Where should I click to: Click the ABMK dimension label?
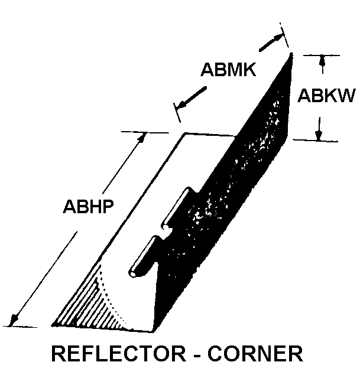pyautogui.click(x=228, y=70)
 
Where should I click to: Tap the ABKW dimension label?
pyautogui.click(x=326, y=96)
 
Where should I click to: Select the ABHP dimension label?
pyautogui.click(x=88, y=206)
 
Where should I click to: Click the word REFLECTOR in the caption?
pyautogui.click(x=119, y=354)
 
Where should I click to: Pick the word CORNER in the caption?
pyautogui.click(x=255, y=354)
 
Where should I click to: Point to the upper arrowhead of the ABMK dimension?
pyautogui.click(x=279, y=38)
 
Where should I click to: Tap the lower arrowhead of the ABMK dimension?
pyautogui.click(x=181, y=105)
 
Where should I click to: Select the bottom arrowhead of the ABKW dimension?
pyautogui.click(x=319, y=135)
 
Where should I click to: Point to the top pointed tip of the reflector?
pyautogui.click(x=291, y=54)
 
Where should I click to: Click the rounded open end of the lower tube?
pyautogui.click(x=134, y=273)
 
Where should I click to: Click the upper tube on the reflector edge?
pyautogui.click(x=177, y=207)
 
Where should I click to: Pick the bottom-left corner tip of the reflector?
pyautogui.click(x=53, y=325)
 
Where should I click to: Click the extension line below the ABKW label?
pyautogui.click(x=315, y=141)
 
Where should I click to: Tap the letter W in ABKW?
pyautogui.click(x=346, y=96)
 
